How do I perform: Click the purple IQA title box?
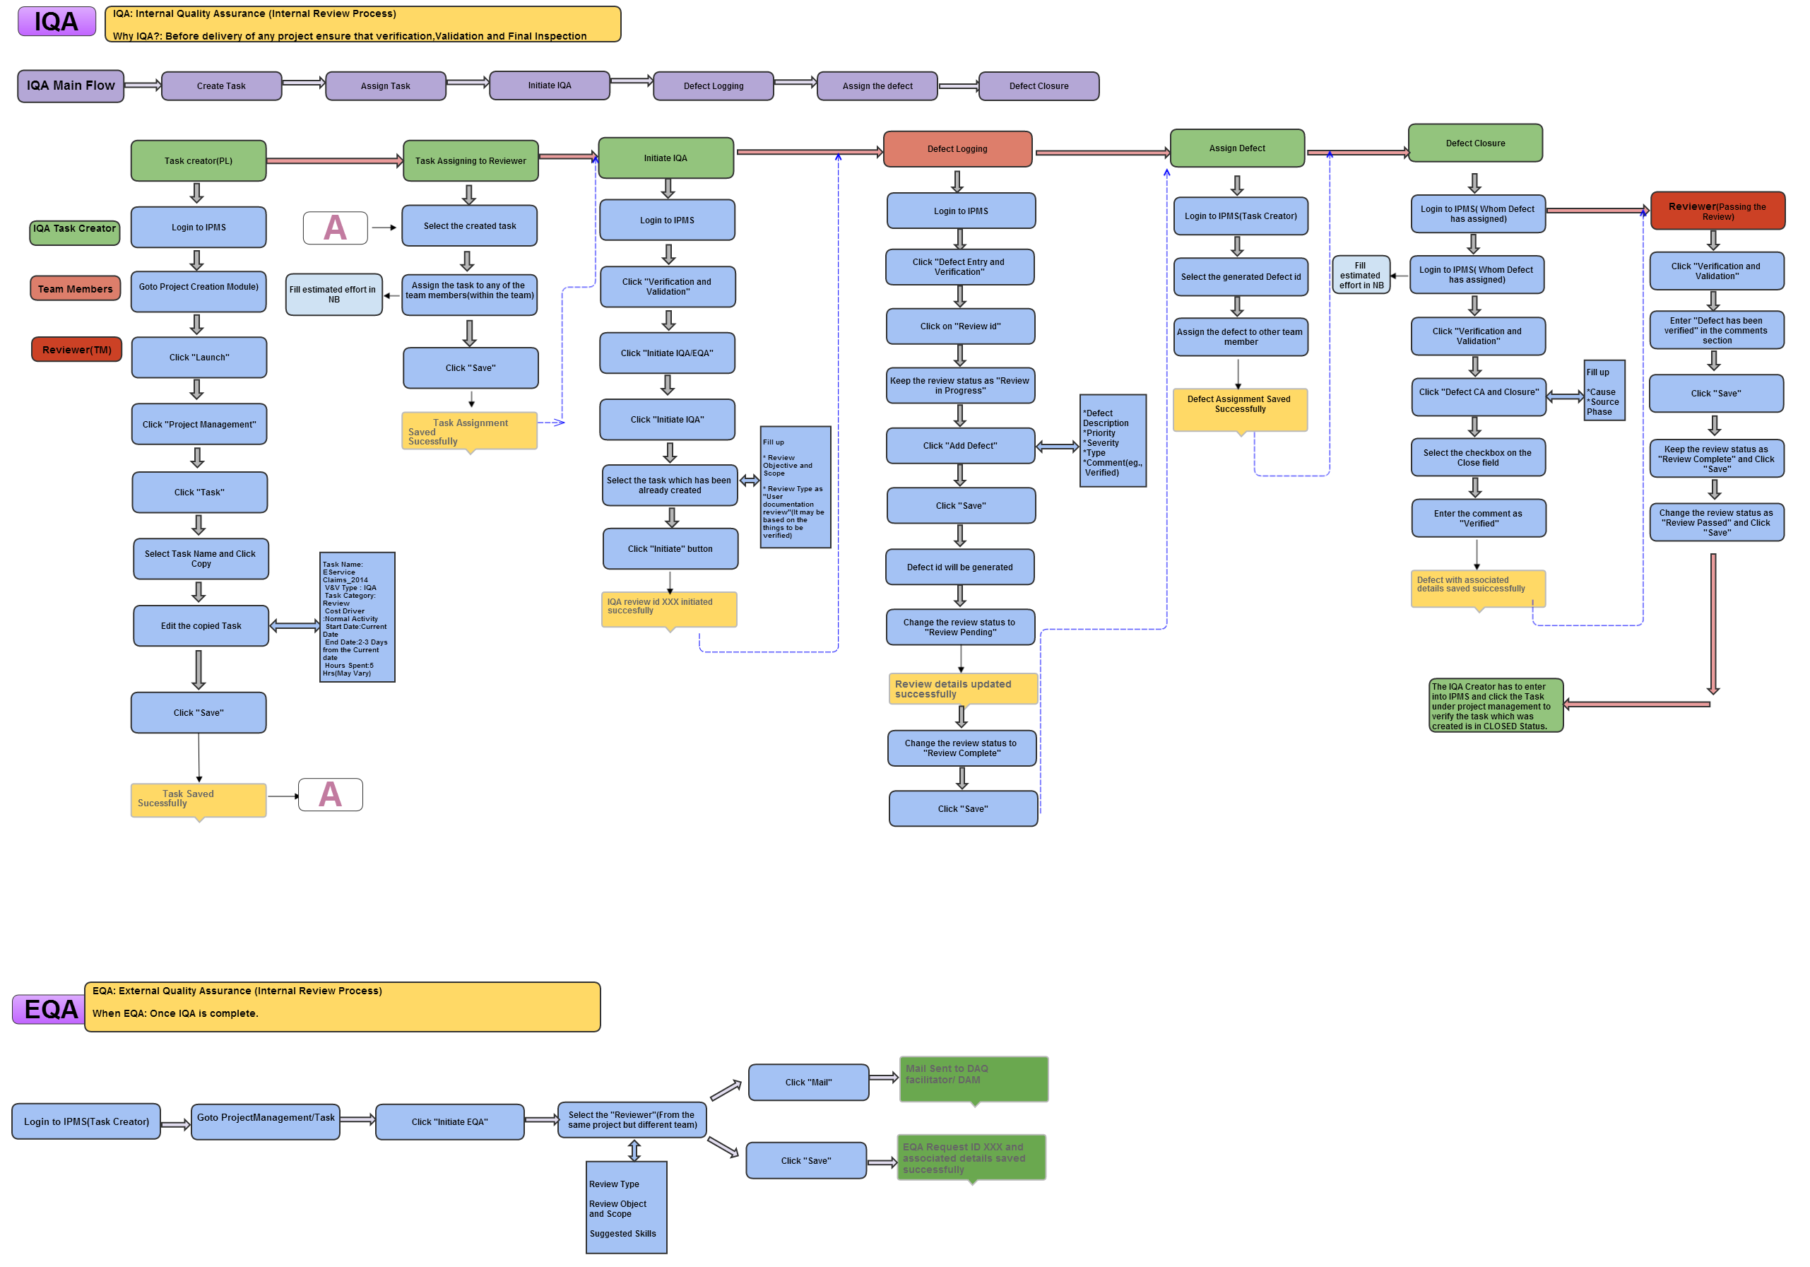click(x=56, y=21)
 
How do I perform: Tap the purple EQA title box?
click(x=49, y=1009)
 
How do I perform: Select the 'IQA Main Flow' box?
click(x=70, y=86)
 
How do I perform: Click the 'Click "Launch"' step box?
click(x=199, y=357)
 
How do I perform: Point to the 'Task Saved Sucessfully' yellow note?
click(x=198, y=799)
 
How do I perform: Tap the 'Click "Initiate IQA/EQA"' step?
click(x=666, y=353)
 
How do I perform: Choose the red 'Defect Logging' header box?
click(x=957, y=149)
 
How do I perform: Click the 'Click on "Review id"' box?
click(x=959, y=326)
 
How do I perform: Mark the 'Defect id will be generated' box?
click(x=959, y=567)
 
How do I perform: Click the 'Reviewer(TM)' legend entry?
click(x=76, y=349)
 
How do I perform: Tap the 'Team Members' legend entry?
click(x=75, y=288)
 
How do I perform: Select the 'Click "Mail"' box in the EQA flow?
click(x=808, y=1082)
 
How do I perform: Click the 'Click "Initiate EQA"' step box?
click(x=449, y=1121)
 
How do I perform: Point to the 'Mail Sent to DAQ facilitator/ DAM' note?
click(x=973, y=1078)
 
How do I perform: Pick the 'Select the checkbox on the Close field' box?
click(x=1477, y=457)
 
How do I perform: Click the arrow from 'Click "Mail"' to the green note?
click(x=883, y=1077)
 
